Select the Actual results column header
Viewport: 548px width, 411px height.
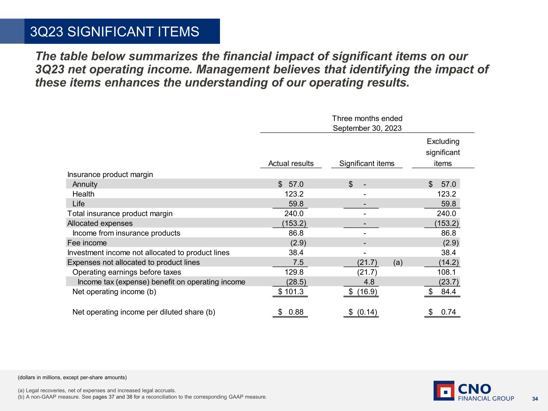[291, 163]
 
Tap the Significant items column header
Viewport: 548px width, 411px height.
[367, 163]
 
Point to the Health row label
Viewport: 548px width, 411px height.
[83, 194]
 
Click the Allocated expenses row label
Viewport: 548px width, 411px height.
[100, 223]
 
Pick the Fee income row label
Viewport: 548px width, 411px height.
[87, 243]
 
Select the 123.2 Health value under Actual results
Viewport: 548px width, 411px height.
[293, 194]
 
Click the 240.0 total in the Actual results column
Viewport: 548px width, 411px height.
[293, 214]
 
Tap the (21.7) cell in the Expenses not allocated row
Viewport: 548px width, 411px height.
[367, 262]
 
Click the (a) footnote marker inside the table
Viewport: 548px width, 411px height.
[398, 262]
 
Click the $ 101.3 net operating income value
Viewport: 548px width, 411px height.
[291, 292]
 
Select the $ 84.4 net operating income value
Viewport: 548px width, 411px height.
[442, 292]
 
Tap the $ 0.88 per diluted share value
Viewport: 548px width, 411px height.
[291, 312]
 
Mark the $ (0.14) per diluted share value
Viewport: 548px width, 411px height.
[363, 312]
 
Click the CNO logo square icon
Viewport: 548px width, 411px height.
[444, 391]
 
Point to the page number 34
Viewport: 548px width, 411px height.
[535, 399]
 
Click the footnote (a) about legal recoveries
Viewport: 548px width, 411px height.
[97, 390]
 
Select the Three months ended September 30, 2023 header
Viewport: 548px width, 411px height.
[367, 123]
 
